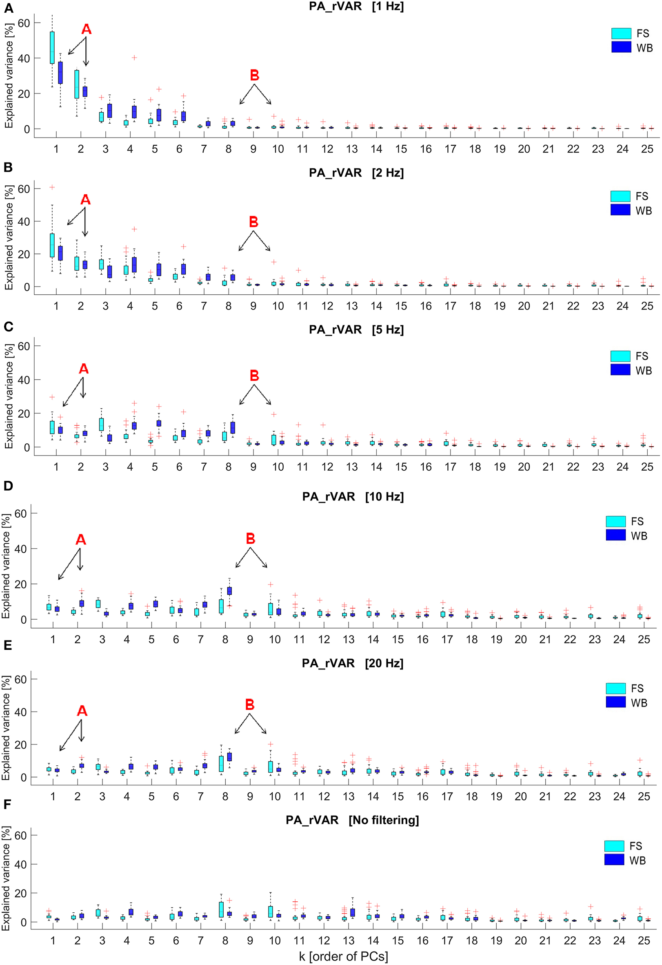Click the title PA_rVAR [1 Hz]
pos(356,7)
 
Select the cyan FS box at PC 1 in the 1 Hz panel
pos(52,47)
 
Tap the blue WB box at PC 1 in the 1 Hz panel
pos(60,73)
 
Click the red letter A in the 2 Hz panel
pos(85,200)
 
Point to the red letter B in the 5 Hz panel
pos(254,376)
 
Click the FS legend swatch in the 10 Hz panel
pos(615,522)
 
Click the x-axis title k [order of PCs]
pos(343,956)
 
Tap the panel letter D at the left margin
pos(8,486)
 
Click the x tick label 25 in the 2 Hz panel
pos(646,307)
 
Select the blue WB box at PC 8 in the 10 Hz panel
pos(229,591)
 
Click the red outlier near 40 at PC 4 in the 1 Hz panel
pos(134,58)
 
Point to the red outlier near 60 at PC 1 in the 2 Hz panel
pos(52,187)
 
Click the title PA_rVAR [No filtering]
pos(352,820)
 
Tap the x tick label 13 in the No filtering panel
pos(348,941)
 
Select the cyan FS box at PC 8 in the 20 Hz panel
pos(221,764)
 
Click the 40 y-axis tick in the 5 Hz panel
pos(23,380)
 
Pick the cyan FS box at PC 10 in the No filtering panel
pos(270,912)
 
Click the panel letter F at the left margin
pos(7,804)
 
